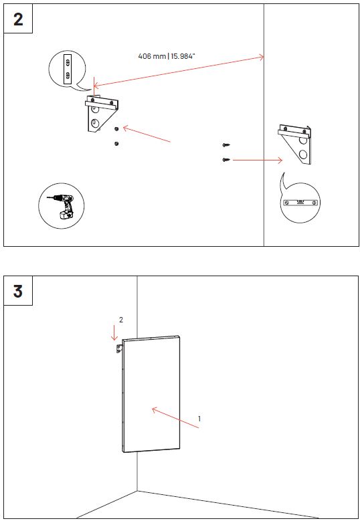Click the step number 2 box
click(x=18, y=19)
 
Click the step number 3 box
click(x=18, y=290)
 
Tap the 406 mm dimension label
click(x=166, y=56)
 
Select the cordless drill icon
click(x=62, y=206)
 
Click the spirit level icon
click(x=300, y=203)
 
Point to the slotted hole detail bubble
click(x=68, y=70)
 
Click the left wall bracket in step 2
click(x=102, y=114)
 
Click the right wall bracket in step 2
click(x=295, y=144)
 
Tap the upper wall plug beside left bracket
click(x=116, y=129)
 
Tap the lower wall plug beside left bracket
click(x=116, y=144)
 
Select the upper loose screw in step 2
click(x=226, y=145)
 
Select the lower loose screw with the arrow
click(x=226, y=160)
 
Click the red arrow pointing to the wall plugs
click(x=147, y=134)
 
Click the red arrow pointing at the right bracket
click(x=258, y=161)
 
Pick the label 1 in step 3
click(x=199, y=419)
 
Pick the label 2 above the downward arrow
click(x=121, y=320)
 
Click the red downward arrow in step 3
click(x=114, y=332)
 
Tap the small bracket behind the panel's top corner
click(x=118, y=349)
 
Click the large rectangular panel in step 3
click(x=151, y=394)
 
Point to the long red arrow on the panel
click(x=175, y=417)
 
